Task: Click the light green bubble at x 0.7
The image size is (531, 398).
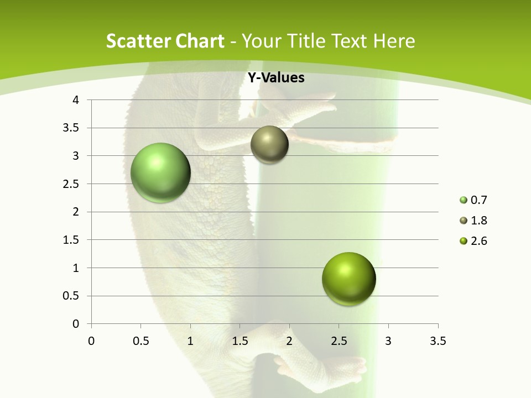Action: coord(161,172)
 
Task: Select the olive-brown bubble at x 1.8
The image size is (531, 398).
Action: coord(269,145)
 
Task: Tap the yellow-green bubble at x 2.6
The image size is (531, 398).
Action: coord(348,279)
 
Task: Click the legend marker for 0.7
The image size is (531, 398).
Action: coord(464,200)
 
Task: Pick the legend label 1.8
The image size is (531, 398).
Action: coord(478,221)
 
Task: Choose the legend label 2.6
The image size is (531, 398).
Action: coord(478,241)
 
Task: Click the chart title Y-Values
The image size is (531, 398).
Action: coord(276,78)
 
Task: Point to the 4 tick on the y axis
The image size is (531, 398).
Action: coord(76,100)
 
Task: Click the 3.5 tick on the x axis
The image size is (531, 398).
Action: coord(438,341)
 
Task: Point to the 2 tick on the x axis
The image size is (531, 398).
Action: coord(289,341)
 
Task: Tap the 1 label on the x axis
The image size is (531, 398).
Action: coord(190,341)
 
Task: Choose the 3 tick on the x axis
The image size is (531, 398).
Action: coord(388,341)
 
